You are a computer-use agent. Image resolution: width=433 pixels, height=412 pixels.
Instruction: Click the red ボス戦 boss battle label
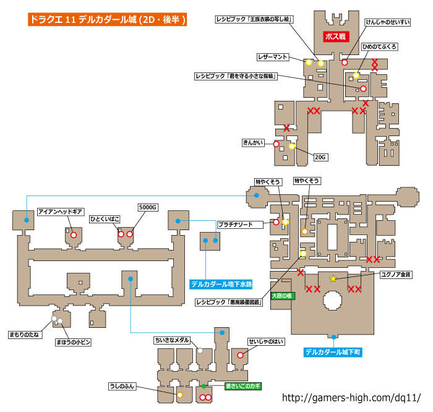(x=336, y=36)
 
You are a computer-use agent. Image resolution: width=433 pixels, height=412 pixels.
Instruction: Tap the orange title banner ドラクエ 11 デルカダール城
(x=108, y=20)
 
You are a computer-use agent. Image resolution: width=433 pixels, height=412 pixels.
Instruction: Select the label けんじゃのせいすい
(x=387, y=22)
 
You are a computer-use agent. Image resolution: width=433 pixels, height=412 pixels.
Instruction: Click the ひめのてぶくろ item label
(x=379, y=46)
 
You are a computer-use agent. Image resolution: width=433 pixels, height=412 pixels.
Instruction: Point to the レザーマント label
(x=273, y=57)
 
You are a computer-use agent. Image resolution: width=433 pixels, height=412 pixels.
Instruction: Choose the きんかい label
(x=253, y=143)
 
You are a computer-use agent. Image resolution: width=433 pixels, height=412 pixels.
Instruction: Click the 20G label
(x=320, y=157)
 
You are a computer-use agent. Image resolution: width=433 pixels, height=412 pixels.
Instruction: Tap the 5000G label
(x=148, y=207)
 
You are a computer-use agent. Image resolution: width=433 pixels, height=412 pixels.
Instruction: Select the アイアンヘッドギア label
(x=61, y=212)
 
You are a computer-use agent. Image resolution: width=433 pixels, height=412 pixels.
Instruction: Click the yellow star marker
(x=333, y=278)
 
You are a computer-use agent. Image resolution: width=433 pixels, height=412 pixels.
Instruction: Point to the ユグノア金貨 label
(x=396, y=275)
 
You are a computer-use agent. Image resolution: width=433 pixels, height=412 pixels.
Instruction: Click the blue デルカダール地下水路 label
(x=221, y=284)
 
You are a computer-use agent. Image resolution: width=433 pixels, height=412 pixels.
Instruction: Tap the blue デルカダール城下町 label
(x=333, y=352)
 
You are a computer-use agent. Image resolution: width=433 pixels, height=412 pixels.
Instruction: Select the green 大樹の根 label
(x=282, y=296)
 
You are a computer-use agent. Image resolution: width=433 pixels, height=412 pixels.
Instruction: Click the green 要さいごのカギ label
(x=243, y=386)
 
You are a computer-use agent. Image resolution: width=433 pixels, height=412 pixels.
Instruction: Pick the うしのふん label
(x=122, y=386)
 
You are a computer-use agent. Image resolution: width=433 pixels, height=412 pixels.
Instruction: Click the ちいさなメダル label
(x=172, y=340)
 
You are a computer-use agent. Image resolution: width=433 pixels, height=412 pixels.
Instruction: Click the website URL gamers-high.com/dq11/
(x=351, y=398)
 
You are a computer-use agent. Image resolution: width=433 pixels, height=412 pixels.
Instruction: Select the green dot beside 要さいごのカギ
(x=204, y=386)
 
